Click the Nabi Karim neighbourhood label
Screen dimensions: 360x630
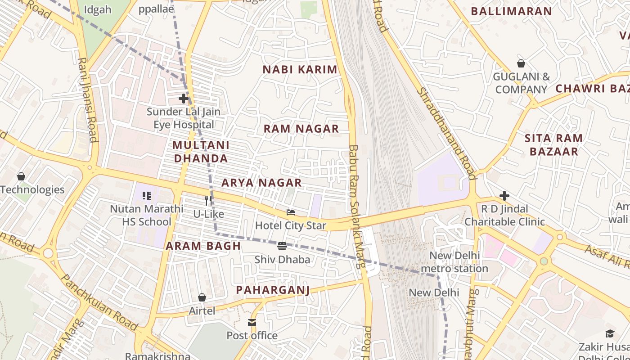point(300,69)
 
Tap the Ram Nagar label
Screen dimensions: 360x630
point(301,129)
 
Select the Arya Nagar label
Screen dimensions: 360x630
point(261,183)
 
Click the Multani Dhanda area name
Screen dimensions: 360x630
point(201,152)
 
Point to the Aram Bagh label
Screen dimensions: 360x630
point(203,246)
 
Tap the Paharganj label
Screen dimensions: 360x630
point(273,290)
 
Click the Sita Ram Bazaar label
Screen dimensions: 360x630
point(553,144)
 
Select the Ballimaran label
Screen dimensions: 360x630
point(511,11)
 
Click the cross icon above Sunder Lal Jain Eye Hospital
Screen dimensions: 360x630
point(183,98)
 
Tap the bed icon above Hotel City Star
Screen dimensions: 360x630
point(291,212)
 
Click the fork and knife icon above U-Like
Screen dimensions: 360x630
point(208,201)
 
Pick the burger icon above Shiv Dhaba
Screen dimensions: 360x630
point(282,246)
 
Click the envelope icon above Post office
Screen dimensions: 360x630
point(252,322)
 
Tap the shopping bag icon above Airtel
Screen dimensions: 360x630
point(202,297)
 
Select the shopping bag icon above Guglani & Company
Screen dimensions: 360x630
point(521,63)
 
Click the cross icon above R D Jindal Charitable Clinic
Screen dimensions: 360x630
point(504,196)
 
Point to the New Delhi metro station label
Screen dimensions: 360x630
point(454,262)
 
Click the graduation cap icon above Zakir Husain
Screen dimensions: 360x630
point(610,333)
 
